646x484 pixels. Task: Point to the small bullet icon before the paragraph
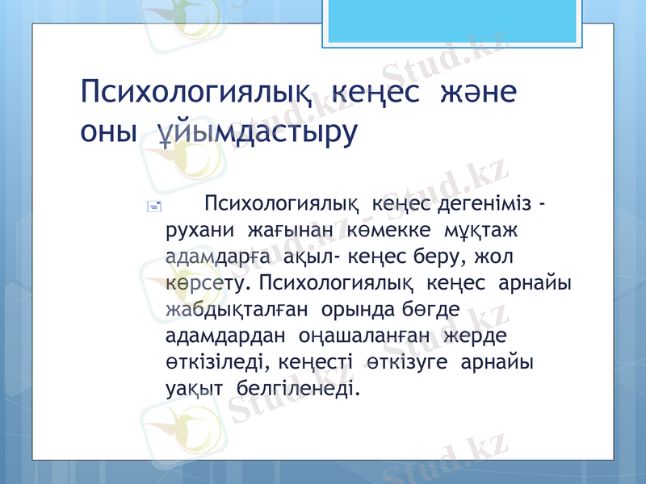tap(155, 207)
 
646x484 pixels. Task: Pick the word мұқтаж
tap(480, 229)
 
